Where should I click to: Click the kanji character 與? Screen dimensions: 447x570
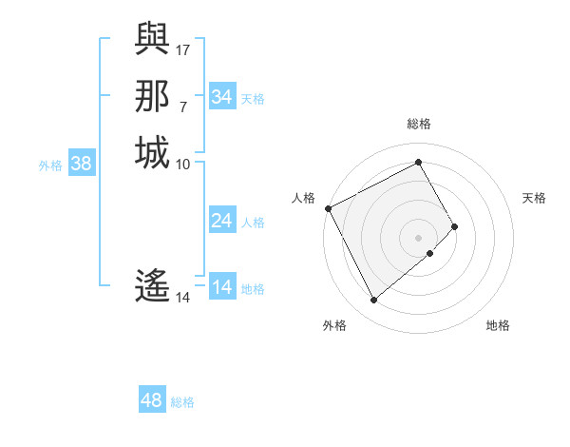[152, 38]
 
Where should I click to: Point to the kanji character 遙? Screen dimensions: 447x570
[152, 286]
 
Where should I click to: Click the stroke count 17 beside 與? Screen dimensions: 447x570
[183, 49]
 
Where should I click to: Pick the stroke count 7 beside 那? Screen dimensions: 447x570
[183, 107]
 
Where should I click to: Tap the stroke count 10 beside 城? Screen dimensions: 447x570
[183, 165]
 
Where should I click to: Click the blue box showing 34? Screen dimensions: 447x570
[222, 97]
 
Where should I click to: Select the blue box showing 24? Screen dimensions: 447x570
[222, 221]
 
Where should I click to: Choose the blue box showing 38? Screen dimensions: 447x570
[82, 164]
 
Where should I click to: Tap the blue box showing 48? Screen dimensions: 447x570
[152, 400]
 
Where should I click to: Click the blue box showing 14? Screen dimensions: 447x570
[222, 287]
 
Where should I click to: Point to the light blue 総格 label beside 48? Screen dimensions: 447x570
[182, 402]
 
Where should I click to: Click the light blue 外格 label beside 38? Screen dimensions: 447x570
[50, 165]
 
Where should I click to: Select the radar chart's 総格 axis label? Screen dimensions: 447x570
[419, 124]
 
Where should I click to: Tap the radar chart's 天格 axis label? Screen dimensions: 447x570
[534, 198]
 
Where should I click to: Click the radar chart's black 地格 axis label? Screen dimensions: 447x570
[498, 325]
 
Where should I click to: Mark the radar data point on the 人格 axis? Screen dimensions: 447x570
[328, 207]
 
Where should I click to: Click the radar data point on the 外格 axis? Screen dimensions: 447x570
[373, 301]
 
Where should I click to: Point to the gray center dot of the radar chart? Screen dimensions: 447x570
[419, 237]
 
